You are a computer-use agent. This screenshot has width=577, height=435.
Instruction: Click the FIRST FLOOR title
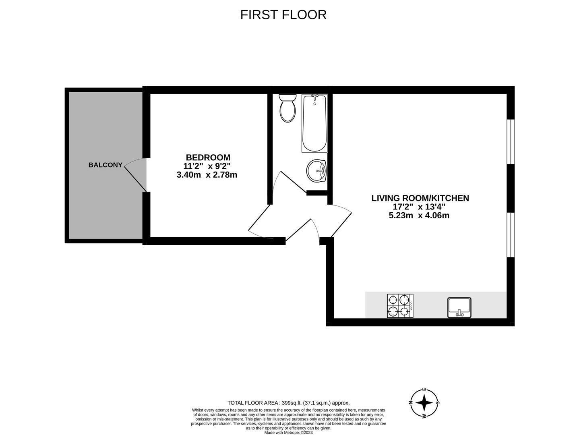[x=283, y=14]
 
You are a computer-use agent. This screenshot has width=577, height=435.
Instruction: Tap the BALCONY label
[x=105, y=165]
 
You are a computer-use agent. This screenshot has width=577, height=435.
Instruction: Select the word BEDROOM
[x=208, y=157]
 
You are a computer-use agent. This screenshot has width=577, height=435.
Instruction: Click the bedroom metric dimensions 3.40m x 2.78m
[x=207, y=175]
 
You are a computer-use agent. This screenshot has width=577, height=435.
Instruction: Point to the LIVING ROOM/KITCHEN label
[x=420, y=198]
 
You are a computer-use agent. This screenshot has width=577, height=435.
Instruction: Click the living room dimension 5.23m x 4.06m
[x=419, y=215]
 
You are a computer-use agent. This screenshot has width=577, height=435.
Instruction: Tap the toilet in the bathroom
[x=287, y=108]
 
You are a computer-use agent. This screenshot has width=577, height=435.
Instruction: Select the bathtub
[x=314, y=123]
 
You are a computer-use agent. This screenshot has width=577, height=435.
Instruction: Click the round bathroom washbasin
[x=317, y=171]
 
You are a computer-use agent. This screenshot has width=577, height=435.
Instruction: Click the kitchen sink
[x=459, y=307]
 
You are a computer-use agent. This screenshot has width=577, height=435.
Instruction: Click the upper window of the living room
[x=511, y=141]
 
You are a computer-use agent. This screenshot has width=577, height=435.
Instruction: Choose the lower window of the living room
[x=511, y=234]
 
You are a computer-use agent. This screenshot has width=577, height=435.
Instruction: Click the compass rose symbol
[x=424, y=403]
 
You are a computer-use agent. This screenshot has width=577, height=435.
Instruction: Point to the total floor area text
[x=288, y=403]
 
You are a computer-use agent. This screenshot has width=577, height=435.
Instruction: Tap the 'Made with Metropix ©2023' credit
[x=288, y=433]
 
